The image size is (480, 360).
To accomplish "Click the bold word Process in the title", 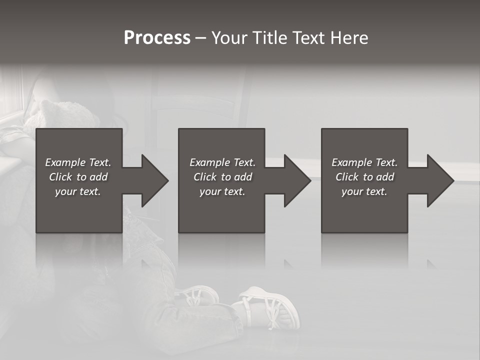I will (157, 38).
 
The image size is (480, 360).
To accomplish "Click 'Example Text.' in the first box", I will (78, 162).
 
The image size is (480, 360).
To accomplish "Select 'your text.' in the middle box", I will (222, 191).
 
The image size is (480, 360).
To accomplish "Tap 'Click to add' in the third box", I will (364, 177).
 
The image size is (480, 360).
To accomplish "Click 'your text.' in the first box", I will (78, 191).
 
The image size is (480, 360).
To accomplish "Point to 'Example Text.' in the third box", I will (364, 162).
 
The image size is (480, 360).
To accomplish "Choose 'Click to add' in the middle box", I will (222, 177).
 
